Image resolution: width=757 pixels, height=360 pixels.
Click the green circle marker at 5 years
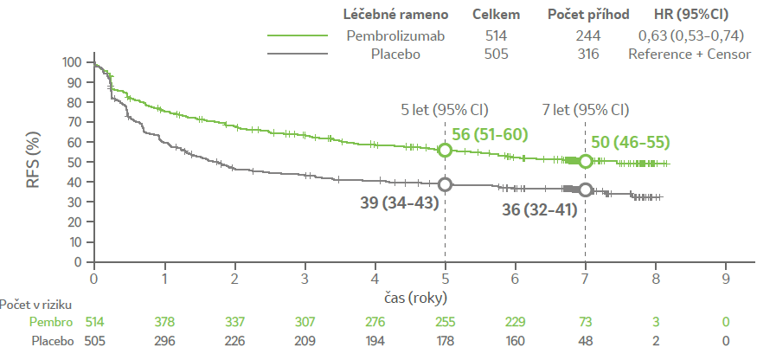pyautogui.click(x=446, y=150)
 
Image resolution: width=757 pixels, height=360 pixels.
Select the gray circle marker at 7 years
pyautogui.click(x=586, y=190)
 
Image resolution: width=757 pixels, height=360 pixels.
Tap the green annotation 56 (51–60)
pyautogui.click(x=490, y=134)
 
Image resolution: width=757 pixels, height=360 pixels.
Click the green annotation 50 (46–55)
pyautogui.click(x=631, y=143)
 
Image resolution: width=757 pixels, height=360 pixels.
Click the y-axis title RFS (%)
pyautogui.click(x=38, y=161)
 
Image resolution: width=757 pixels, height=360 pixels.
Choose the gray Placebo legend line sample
pyautogui.click(x=298, y=54)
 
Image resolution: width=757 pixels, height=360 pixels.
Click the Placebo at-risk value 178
pyautogui.click(x=445, y=341)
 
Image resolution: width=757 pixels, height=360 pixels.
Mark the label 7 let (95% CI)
pyautogui.click(x=585, y=110)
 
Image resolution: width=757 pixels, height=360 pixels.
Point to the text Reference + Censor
pyautogui.click(x=690, y=54)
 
